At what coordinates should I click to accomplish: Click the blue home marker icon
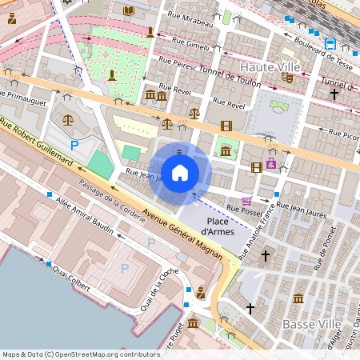[x=180, y=172]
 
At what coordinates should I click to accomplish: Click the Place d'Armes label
[x=220, y=226]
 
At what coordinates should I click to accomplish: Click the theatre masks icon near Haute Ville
[x=287, y=78]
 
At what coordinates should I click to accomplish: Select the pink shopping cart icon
[x=246, y=200]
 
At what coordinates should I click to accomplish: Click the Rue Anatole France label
[x=254, y=232]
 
